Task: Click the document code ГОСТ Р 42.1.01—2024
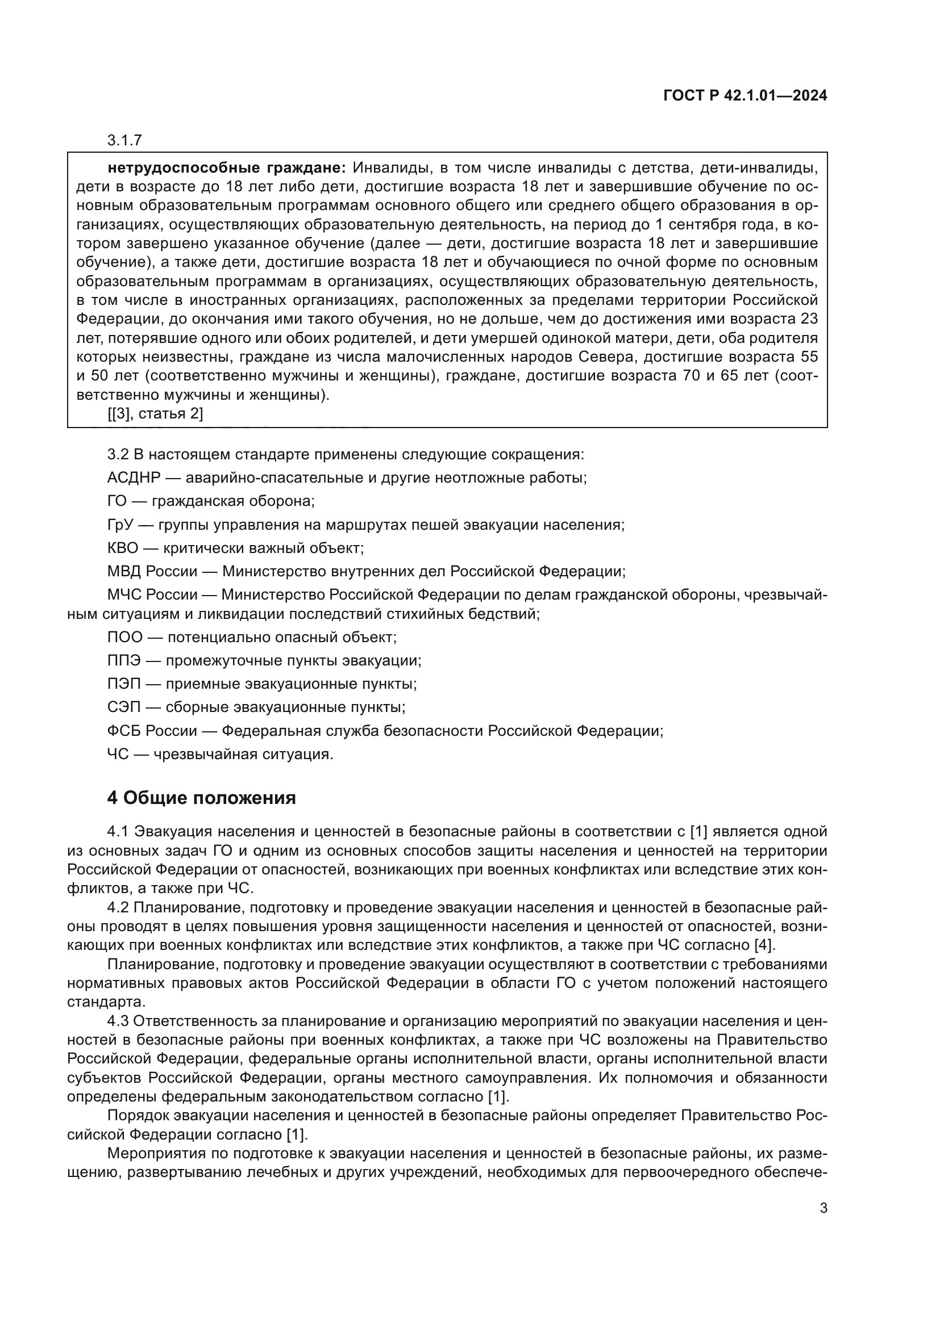(745, 96)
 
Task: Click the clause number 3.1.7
(124, 140)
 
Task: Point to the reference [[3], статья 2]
(155, 413)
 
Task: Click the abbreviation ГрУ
(120, 525)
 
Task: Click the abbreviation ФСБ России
(152, 731)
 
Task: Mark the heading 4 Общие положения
(201, 798)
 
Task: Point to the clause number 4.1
(118, 832)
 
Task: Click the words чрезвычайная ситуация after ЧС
(243, 754)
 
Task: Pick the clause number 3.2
(118, 454)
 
